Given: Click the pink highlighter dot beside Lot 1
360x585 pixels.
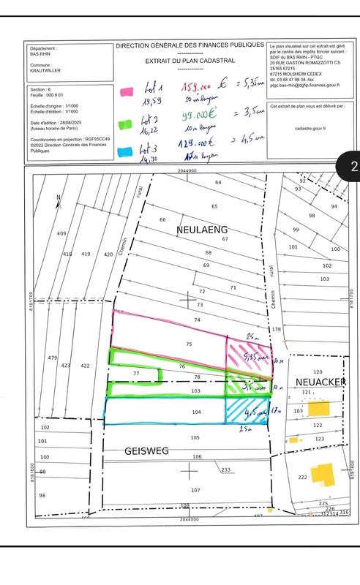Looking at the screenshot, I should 126,91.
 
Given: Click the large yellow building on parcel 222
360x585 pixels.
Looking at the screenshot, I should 321,477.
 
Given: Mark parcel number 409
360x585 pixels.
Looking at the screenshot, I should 61,233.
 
